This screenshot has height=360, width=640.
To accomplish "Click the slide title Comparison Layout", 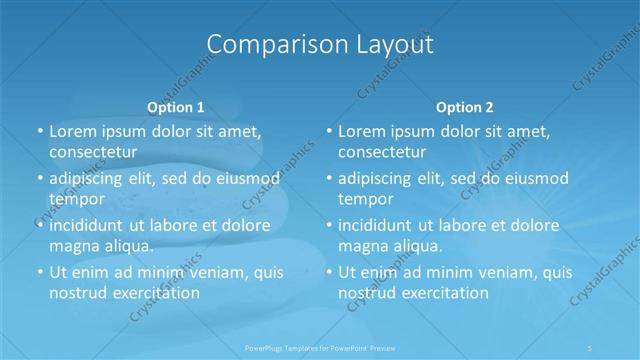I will tap(319, 45).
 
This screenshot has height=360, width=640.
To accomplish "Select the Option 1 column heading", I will tap(175, 106).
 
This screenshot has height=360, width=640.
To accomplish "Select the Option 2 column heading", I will tap(465, 106).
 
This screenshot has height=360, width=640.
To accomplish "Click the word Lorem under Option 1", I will tap(73, 132).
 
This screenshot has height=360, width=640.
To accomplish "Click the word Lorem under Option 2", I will tap(362, 132).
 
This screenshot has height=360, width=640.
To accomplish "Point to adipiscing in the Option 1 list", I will tap(91, 179).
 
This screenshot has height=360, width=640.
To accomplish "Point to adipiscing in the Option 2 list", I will tap(381, 179).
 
